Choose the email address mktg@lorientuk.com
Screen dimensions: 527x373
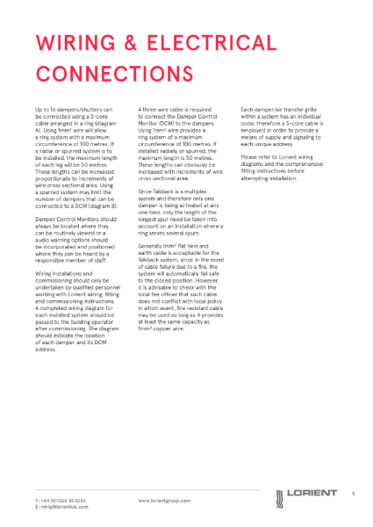(60, 507)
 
